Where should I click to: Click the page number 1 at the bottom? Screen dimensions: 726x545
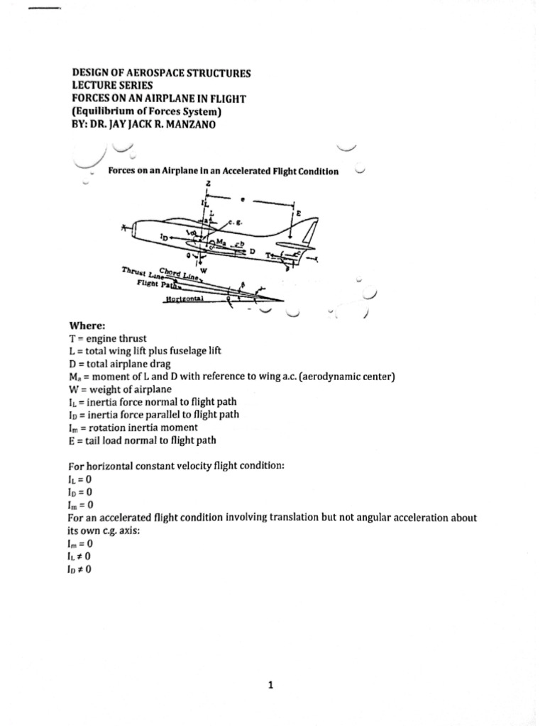[x=271, y=685]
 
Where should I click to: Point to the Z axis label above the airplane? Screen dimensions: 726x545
[x=207, y=182]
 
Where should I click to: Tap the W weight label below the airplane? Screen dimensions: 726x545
[x=204, y=269]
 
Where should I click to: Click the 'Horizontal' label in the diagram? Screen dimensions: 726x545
[x=185, y=299]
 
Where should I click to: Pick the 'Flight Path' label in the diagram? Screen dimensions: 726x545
[x=158, y=284]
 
